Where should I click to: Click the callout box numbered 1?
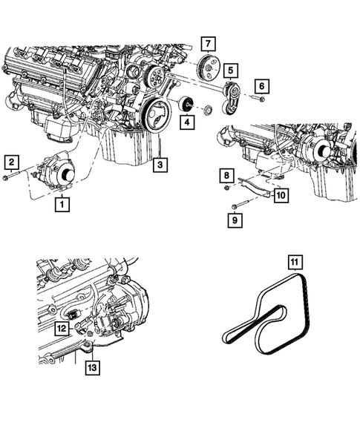(63, 203)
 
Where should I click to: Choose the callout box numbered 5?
(232, 71)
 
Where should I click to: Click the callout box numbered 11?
(295, 262)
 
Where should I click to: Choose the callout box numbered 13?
(91, 365)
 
